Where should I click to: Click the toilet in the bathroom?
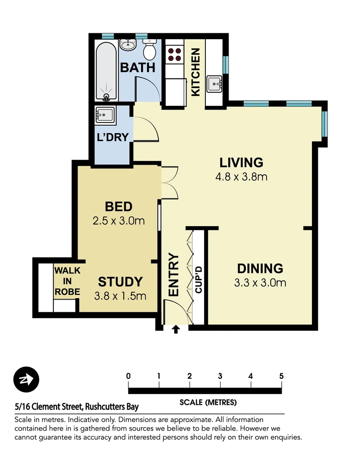[149, 50]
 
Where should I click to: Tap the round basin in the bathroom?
[128, 45]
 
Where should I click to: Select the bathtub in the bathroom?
[106, 71]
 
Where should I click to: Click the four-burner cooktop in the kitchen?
[175, 54]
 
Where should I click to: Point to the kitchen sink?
[214, 84]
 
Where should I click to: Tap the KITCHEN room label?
[195, 72]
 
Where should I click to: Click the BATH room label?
[138, 67]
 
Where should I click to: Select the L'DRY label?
[112, 137]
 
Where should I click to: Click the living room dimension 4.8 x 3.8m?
[241, 177]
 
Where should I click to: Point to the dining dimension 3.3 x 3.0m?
[260, 283]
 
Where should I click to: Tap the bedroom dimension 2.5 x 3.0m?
[119, 221]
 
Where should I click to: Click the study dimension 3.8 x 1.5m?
[120, 296]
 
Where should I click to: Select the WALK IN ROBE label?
[67, 281]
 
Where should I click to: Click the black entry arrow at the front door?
[176, 329]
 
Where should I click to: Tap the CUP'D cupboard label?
[199, 280]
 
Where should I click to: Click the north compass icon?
[26, 380]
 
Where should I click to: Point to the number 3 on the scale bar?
[220, 376]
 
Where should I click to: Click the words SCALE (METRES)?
[208, 402]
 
